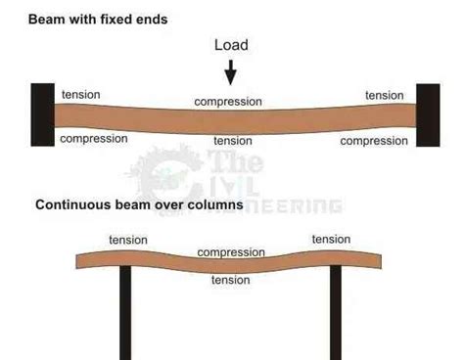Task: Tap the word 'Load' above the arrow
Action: coord(230,45)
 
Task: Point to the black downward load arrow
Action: coord(230,71)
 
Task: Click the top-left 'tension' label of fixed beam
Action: coord(80,95)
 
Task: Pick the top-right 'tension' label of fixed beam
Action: coord(384,95)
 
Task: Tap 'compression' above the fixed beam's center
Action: coord(228,101)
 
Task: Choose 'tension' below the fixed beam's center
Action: coord(233,141)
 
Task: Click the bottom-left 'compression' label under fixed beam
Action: coord(94,139)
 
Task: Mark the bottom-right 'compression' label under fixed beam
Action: coord(374,141)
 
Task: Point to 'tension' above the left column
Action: coord(127,240)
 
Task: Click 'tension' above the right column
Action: coord(331,240)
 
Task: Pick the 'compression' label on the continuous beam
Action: coord(231,252)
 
